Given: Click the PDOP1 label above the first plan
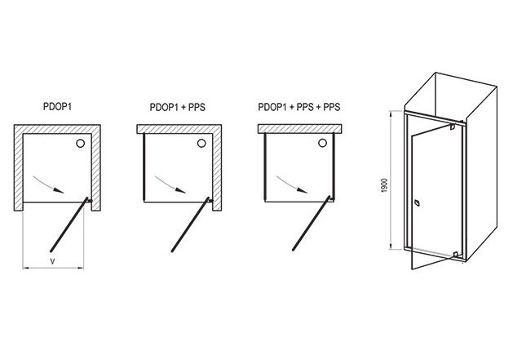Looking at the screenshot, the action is tap(57, 106).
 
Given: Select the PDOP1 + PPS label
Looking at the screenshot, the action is tap(177, 107).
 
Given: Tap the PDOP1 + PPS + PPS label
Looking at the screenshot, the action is tap(299, 107).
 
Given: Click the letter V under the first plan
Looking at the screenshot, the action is tap(52, 261).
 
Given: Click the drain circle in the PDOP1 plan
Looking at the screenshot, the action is tap(80, 143).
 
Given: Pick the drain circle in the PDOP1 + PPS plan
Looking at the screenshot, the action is tap(201, 143).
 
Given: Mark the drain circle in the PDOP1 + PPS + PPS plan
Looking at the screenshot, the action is tap(323, 143).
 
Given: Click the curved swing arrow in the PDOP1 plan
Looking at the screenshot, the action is tap(48, 184).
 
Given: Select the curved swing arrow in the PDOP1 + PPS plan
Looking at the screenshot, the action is tap(170, 184).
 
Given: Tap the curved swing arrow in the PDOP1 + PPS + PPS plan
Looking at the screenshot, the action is tap(291, 184).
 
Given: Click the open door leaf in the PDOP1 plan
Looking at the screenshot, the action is tap(69, 224).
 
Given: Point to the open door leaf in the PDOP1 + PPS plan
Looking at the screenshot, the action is tap(190, 224).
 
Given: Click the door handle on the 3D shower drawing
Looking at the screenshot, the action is tap(417, 203).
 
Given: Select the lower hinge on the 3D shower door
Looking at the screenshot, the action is tap(455, 255).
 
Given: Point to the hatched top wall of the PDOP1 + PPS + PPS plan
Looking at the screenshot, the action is tap(300, 129).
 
